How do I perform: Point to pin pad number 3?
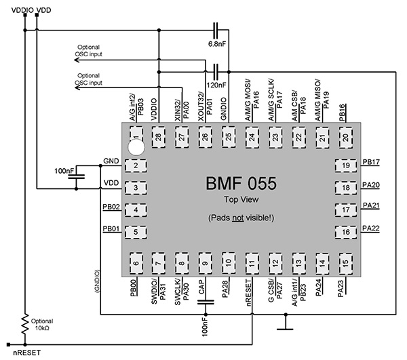tap(136, 188)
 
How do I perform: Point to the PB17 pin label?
tap(371, 163)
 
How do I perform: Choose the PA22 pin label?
tap(371, 228)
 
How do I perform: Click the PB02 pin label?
tap(111, 207)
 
